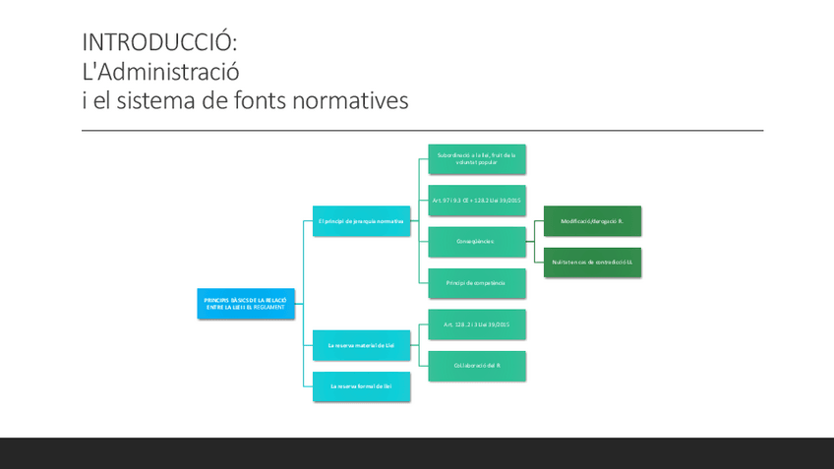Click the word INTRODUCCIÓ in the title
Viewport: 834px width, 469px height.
159,42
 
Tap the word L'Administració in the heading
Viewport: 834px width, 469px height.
160,72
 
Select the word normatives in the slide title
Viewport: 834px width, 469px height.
350,100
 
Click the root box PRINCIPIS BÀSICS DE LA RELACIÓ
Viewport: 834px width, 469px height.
245,304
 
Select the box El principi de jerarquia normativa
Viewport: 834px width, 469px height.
361,221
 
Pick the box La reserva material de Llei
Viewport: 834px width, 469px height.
361,345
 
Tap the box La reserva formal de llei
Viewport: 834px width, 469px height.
361,385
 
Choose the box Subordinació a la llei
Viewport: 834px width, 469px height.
477,159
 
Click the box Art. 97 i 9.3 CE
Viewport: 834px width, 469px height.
477,201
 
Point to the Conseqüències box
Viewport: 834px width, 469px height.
477,241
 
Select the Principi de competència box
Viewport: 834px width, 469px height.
477,283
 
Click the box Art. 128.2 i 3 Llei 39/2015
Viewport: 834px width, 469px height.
477,324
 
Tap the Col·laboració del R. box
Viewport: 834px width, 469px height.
477,366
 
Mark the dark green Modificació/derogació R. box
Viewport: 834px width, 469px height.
592,221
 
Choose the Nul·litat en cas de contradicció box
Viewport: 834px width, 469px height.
592,263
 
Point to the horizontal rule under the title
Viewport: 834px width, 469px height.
422,131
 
